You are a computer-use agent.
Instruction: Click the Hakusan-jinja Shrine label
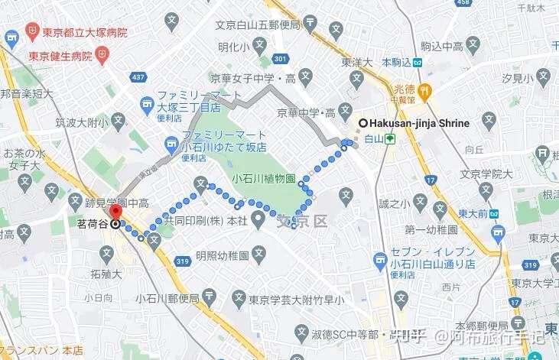(x=419, y=122)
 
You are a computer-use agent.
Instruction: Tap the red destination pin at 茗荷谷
(x=115, y=212)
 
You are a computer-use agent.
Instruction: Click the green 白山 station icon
(x=390, y=139)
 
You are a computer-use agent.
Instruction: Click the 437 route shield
(x=138, y=77)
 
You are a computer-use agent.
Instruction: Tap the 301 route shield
(x=281, y=59)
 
